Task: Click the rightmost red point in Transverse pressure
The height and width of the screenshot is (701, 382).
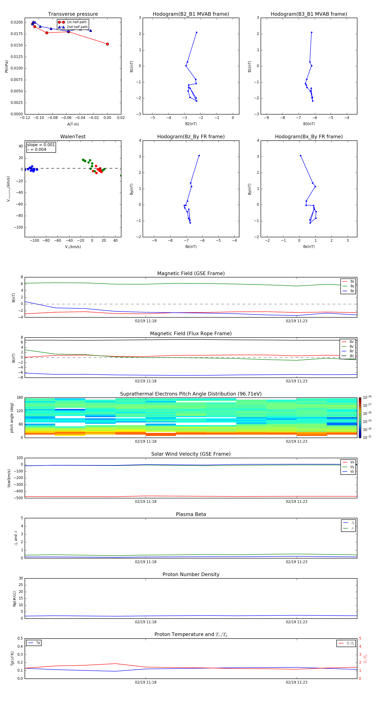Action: pos(107,44)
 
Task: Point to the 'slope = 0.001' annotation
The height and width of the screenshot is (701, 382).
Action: pos(41,145)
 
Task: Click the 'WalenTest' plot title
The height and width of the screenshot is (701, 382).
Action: pos(73,137)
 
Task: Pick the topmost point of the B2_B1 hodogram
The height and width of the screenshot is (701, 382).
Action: pos(197,32)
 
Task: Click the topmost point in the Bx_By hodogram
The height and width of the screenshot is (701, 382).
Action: pos(301,156)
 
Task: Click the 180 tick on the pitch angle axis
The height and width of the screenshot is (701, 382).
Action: pos(20,398)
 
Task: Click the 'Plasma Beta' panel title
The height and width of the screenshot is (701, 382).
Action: pos(191,514)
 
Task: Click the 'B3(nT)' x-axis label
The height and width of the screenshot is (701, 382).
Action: pos(309,124)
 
